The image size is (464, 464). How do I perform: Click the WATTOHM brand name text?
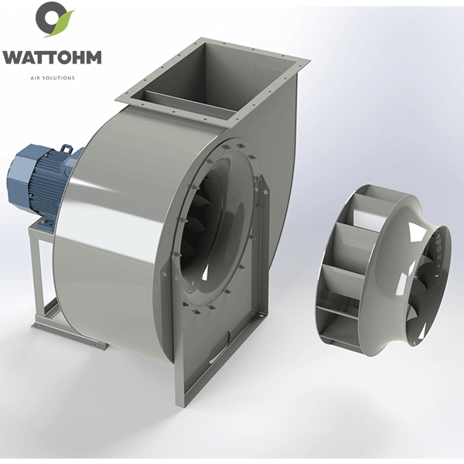click(52, 57)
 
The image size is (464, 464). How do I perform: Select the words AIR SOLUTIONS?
click(53, 78)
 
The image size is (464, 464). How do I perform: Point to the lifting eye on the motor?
click(66, 148)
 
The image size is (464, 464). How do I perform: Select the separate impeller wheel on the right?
click(384, 266)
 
